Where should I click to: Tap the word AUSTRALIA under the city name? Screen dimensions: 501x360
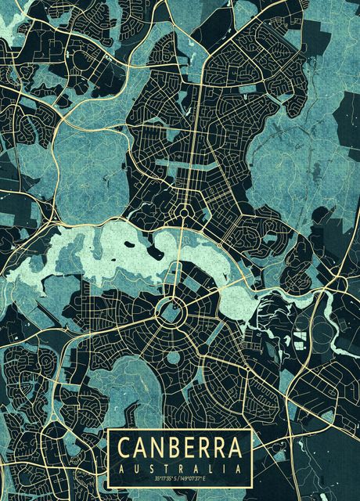click(179, 467)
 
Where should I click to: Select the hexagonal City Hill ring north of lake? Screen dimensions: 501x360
click(184, 211)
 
